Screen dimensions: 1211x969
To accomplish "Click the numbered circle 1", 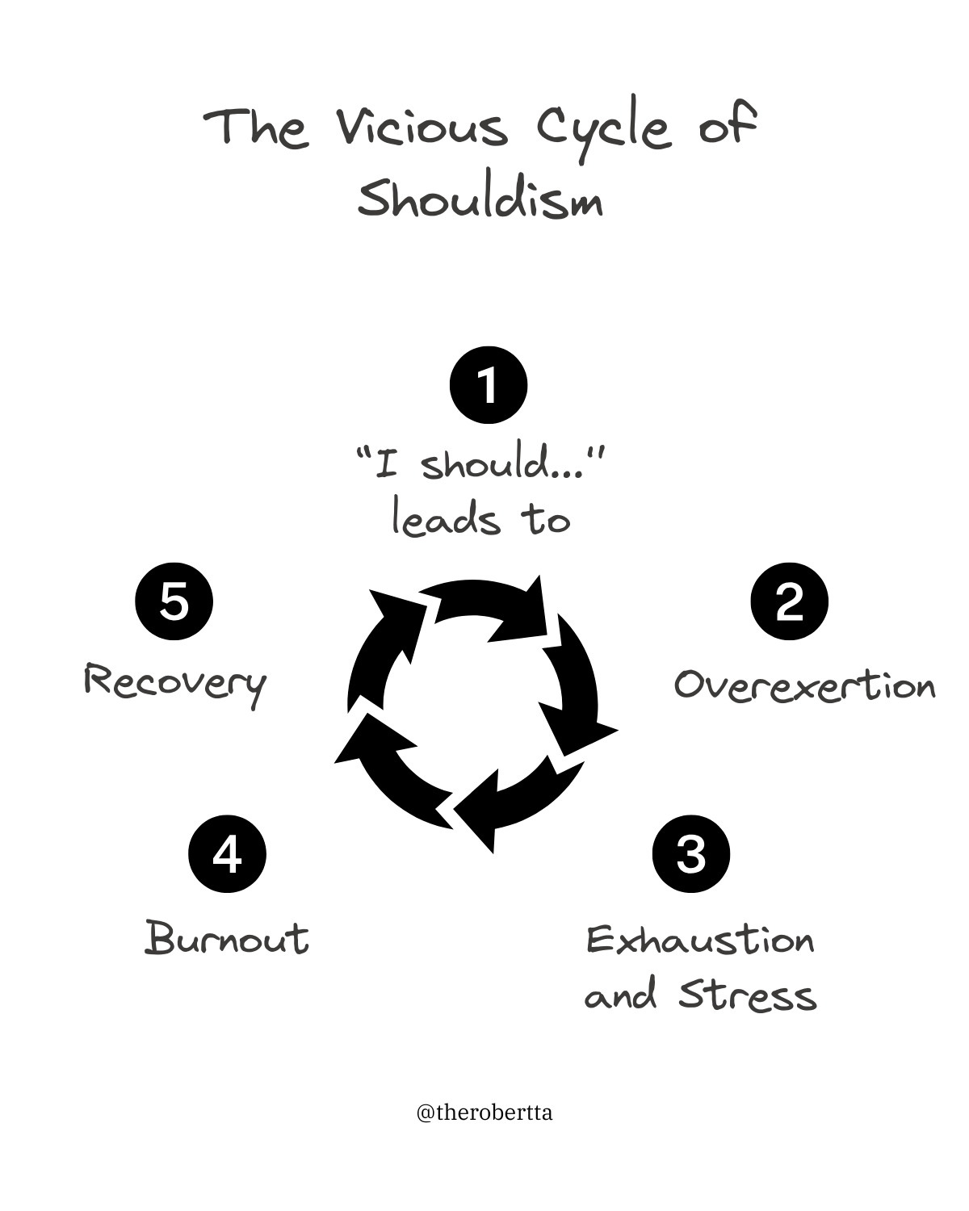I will click(488, 385).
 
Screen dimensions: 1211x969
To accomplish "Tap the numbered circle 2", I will click(789, 601).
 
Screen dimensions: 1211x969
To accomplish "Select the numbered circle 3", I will click(690, 854).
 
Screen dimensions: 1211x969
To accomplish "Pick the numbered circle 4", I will click(227, 854).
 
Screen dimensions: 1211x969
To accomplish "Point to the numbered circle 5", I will click(174, 601).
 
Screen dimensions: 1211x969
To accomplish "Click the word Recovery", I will click(175, 684).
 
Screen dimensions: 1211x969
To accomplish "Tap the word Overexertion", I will click(804, 685).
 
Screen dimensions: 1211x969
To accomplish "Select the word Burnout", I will click(227, 939).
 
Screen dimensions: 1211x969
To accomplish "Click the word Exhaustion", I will click(700, 941).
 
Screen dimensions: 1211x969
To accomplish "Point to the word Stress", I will click(747, 995).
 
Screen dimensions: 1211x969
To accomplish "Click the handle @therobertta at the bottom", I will click(484, 1113).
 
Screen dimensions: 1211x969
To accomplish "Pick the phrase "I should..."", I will click(481, 466).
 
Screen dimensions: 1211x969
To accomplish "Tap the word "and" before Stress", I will click(620, 997).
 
